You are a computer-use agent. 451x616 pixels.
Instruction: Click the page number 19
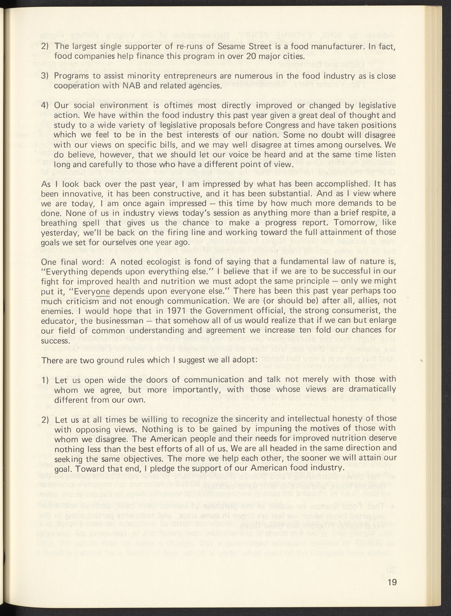[x=392, y=588]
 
